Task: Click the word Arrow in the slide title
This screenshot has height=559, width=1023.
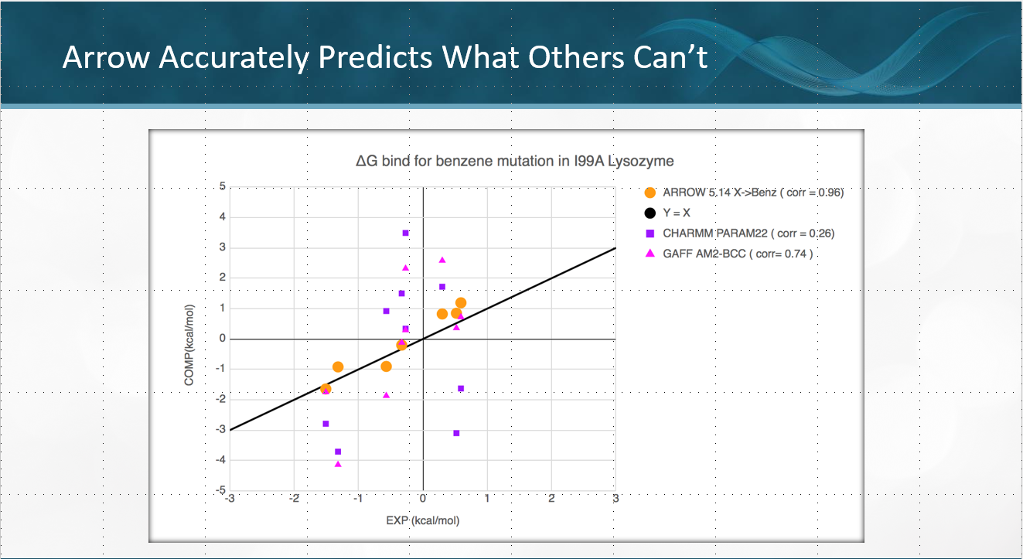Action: click(104, 57)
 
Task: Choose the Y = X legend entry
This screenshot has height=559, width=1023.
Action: click(677, 213)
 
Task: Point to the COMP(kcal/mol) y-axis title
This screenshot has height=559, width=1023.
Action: click(190, 345)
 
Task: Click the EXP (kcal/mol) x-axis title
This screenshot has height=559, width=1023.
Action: click(422, 520)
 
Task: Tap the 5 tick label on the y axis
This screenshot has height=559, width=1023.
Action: click(222, 186)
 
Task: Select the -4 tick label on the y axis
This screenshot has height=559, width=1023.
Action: click(220, 460)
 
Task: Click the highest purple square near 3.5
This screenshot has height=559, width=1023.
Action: click(405, 233)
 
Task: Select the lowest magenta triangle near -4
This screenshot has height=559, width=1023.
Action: click(338, 464)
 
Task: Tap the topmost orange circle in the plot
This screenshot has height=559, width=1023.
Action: click(461, 303)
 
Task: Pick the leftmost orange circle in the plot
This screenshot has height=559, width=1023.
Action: click(326, 389)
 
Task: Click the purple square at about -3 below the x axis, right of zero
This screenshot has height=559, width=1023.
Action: click(456, 433)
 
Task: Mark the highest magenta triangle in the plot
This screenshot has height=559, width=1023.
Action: click(442, 260)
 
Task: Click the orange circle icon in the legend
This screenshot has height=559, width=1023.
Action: click(650, 193)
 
